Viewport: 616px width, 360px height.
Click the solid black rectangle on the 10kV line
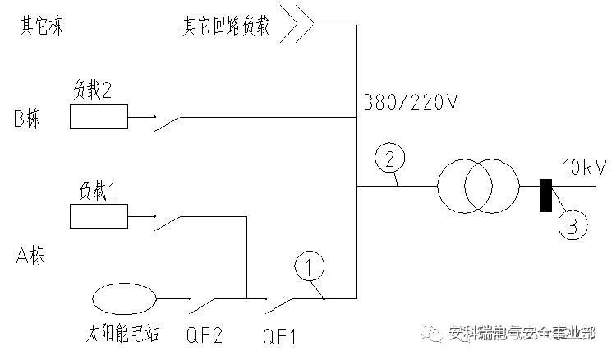click(545, 195)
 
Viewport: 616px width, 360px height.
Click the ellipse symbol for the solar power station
click(123, 299)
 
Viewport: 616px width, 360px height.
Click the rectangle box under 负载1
click(99, 217)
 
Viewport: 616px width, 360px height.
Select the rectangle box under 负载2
click(99, 117)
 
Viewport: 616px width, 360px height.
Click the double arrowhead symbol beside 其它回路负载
click(297, 24)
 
